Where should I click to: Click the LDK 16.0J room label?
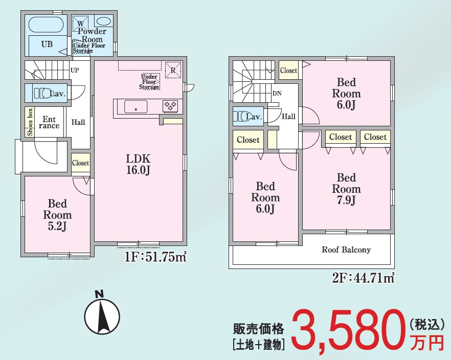coord(138,163)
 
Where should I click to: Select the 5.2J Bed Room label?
coord(57,215)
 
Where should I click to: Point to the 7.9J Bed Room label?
coord(346,189)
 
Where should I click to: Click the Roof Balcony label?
coord(346,250)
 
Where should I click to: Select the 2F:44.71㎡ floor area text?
coord(363,279)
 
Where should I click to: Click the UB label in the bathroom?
coord(47,44)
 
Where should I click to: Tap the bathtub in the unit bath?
coord(46,25)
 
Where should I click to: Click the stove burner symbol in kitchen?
coord(170,106)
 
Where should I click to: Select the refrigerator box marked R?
coord(173,70)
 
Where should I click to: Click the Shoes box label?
coord(30,121)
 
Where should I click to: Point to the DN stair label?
coord(277,94)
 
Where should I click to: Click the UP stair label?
coord(75,70)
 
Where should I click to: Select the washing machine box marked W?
coord(81,22)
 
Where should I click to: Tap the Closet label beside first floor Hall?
coord(80,163)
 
